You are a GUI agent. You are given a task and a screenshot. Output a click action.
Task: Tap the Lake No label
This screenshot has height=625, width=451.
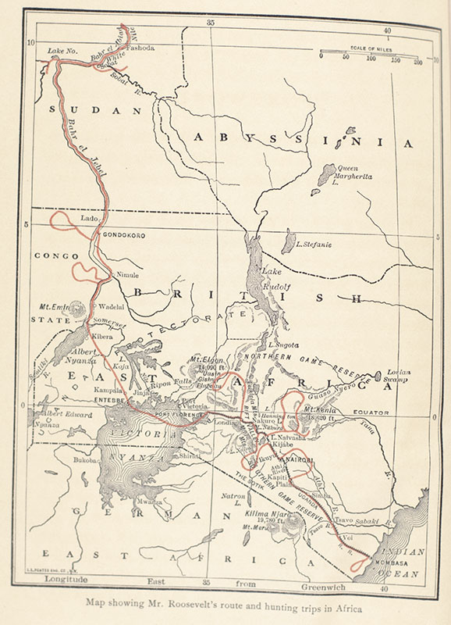[62, 52]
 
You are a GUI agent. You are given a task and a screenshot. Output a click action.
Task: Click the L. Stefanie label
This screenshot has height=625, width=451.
[314, 245]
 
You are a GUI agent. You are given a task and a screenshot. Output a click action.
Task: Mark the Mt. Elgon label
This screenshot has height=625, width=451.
[204, 360]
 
